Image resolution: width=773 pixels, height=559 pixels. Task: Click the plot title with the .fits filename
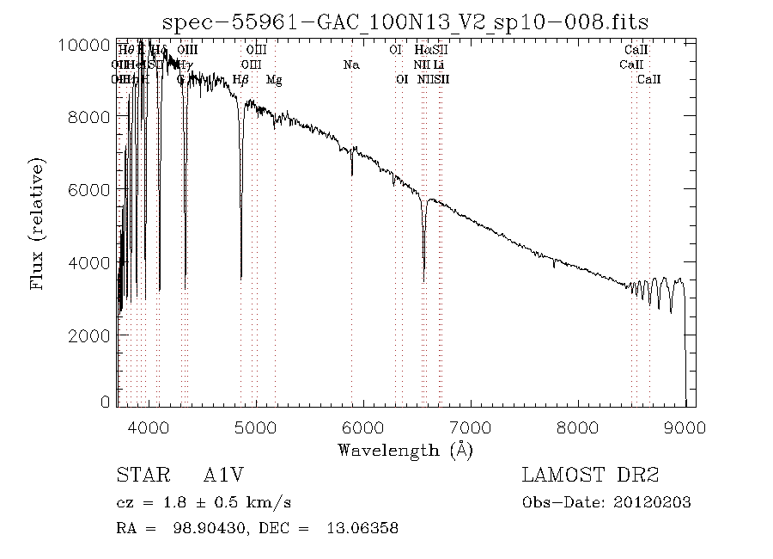405,21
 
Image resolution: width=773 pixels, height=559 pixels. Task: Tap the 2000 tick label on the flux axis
88,335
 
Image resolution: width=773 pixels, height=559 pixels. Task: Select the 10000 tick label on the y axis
83,45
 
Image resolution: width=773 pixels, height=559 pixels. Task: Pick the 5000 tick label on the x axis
256,427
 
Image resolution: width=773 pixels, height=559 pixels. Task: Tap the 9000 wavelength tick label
685,427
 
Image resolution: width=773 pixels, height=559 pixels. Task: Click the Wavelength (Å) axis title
405,449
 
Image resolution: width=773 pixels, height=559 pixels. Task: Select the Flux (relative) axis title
39,222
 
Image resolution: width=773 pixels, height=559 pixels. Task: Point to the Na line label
350,64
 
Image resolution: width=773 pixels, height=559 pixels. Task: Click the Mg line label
274,80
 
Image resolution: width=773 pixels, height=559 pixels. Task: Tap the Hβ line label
241,80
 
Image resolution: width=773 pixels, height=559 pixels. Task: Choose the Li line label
439,64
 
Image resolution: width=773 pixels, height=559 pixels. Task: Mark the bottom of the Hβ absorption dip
241,277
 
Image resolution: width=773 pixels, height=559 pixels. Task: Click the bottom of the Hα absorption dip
423,279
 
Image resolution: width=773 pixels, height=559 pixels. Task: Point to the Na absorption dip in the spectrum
352,174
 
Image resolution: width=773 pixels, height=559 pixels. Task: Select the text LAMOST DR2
590,476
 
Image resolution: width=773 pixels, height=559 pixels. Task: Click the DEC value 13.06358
362,528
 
